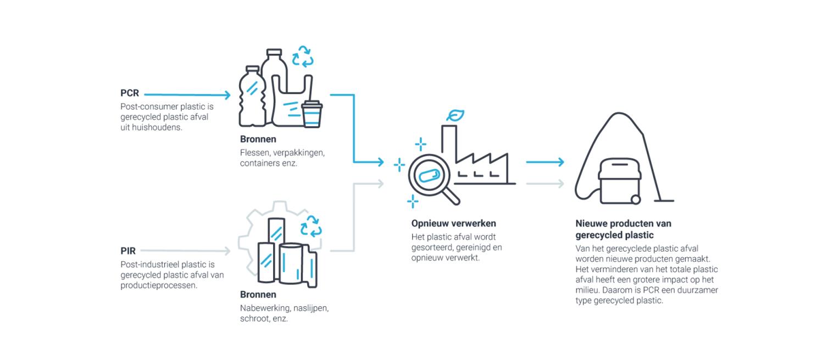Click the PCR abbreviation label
130,93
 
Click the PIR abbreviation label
128,251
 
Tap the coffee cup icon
312,114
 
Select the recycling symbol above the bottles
303,57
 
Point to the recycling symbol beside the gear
311,226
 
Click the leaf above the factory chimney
455,115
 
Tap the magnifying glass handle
452,197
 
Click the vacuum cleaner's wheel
636,200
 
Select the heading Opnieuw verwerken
454,223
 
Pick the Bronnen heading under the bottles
258,139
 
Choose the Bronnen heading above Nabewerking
258,295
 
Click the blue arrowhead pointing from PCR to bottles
227,95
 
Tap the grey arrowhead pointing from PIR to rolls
227,251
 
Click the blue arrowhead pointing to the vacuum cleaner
560,162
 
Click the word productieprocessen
159,285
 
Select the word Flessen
255,153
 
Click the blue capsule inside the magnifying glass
429,176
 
